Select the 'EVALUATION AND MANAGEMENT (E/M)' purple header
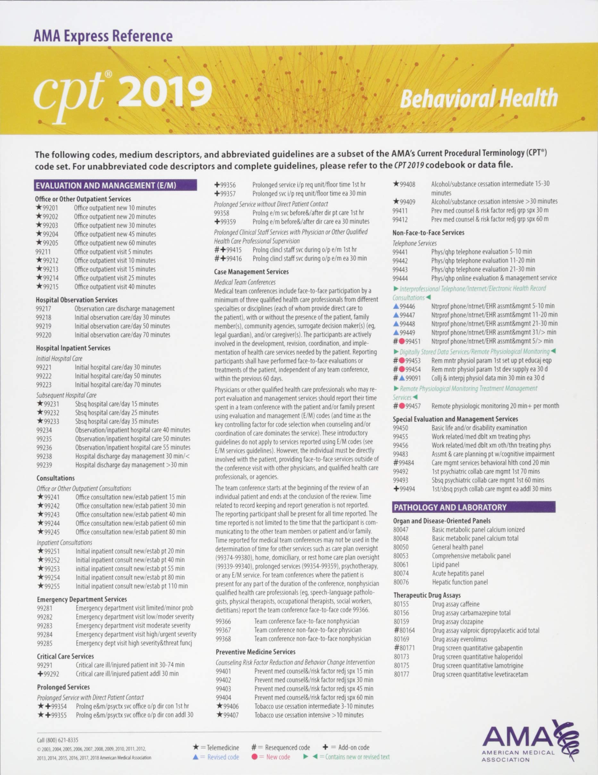click(x=115, y=185)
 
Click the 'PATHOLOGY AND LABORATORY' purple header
click(x=450, y=507)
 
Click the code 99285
click(x=45, y=643)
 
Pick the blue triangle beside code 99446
click(x=396, y=306)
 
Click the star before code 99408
click(x=396, y=184)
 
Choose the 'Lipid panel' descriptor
click(x=446, y=564)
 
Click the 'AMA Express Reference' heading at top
click(x=103, y=36)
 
